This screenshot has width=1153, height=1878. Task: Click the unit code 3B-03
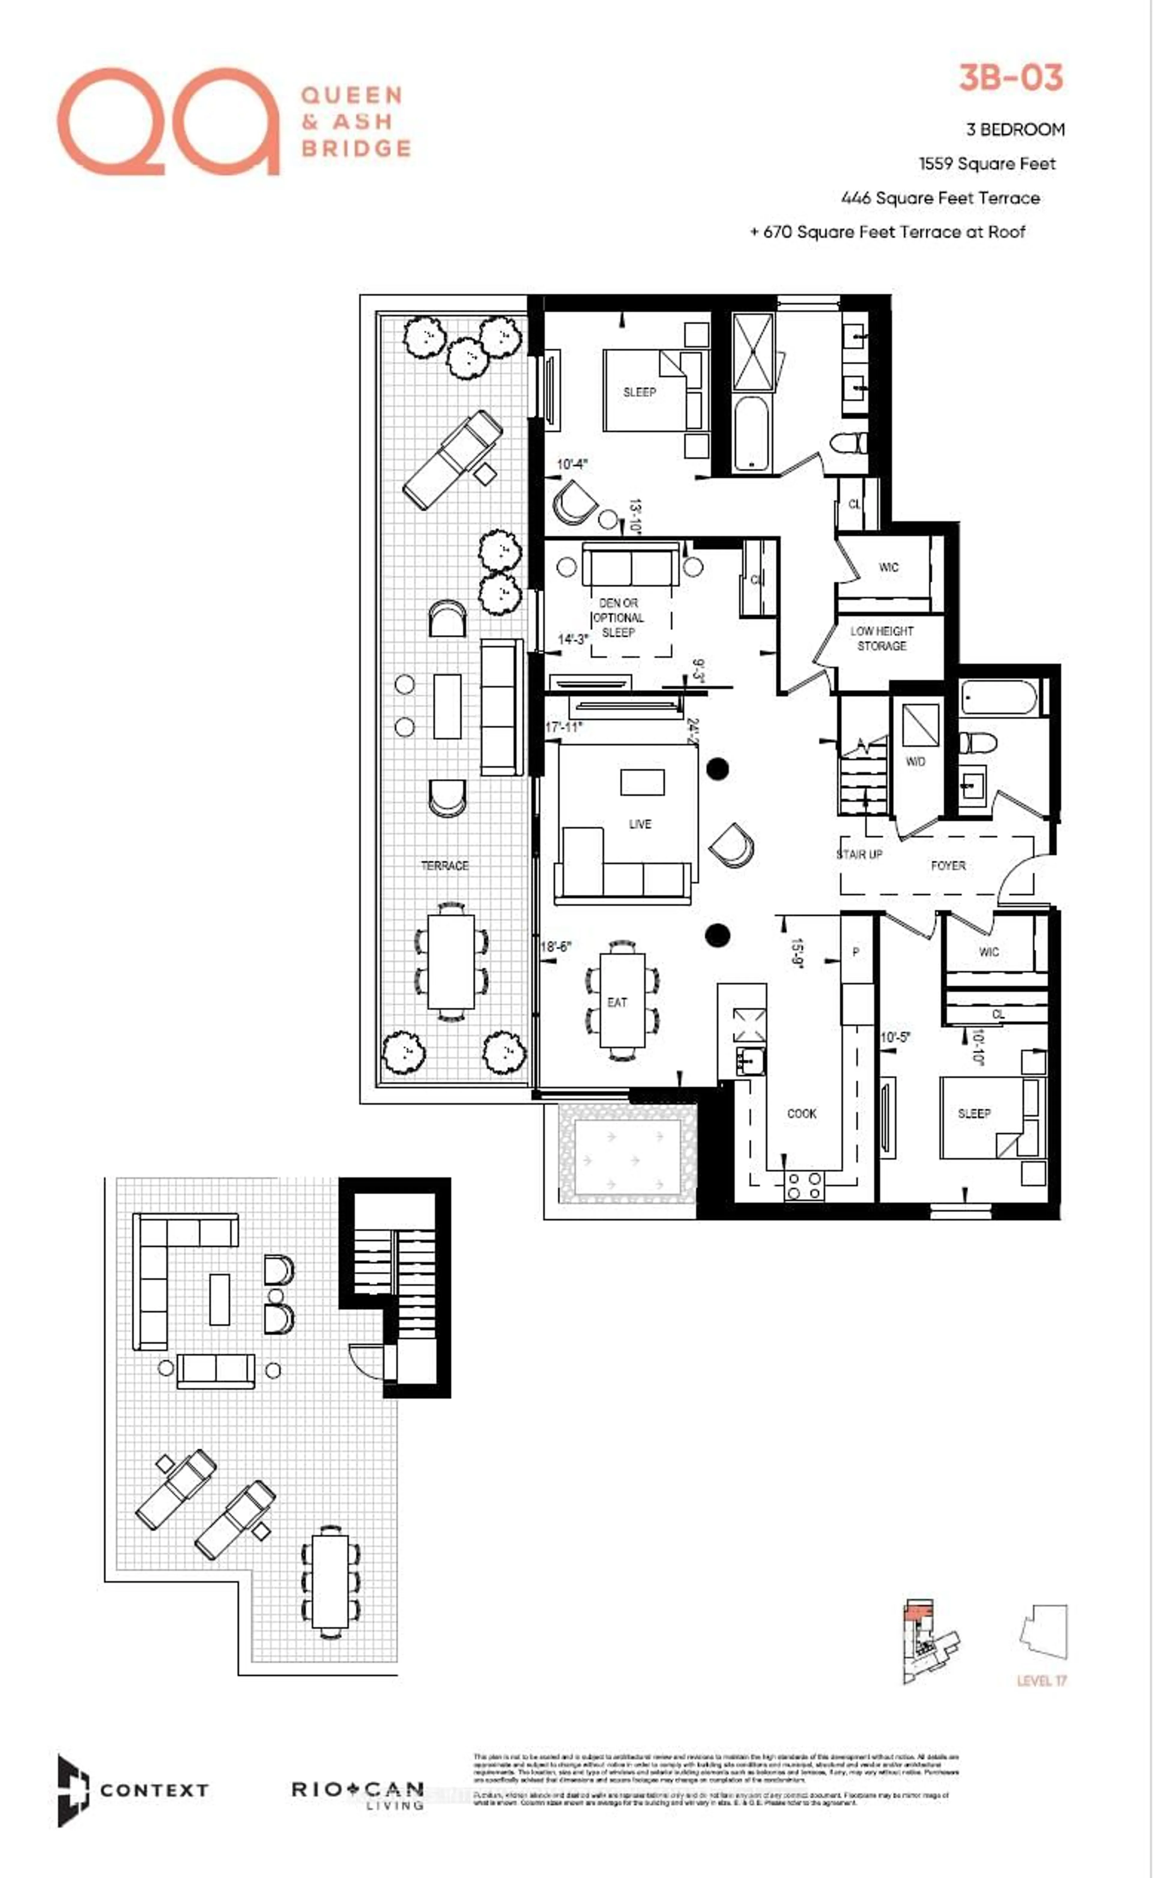point(1010,78)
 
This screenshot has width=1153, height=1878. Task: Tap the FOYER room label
point(948,866)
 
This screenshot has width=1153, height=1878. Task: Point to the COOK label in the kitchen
point(801,1114)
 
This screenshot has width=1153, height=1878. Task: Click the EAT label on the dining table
point(617,1002)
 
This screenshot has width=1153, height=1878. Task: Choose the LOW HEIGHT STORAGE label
point(882,638)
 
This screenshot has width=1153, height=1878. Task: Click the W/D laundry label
point(915,761)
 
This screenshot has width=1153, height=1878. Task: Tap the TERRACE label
point(445,866)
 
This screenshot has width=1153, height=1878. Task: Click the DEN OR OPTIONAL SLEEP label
point(619,618)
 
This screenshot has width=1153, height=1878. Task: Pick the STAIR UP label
point(859,854)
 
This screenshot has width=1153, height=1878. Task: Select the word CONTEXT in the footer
point(154,1790)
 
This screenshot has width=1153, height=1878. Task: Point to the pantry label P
point(856,952)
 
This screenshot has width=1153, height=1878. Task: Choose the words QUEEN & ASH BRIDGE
point(355,121)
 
